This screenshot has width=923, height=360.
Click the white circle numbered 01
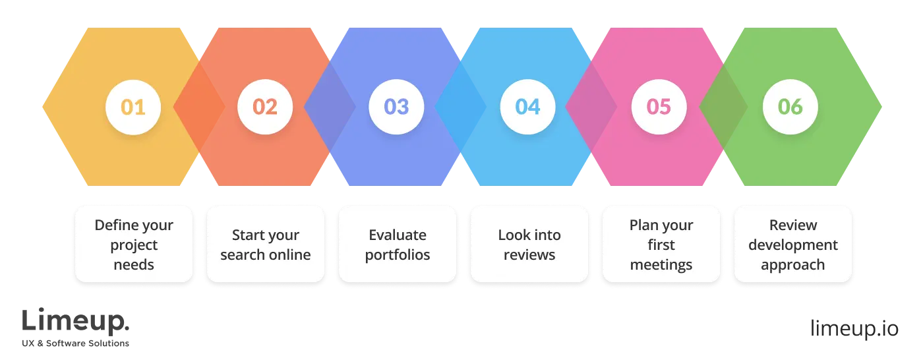tap(133, 107)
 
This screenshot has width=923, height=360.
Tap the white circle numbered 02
tap(265, 107)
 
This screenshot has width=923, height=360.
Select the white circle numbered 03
tap(397, 107)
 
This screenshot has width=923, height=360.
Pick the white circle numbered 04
tap(528, 107)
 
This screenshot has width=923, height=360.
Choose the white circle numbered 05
tap(659, 107)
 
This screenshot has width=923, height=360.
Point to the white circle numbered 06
tap(790, 107)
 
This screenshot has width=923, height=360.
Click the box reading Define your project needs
tap(134, 245)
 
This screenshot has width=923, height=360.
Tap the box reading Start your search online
tap(266, 245)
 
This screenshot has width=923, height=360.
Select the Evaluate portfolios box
tap(398, 245)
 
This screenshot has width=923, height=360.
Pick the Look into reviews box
tap(529, 245)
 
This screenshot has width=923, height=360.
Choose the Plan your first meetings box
tap(661, 245)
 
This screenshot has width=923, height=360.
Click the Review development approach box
tap(793, 245)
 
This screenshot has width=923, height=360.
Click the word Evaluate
tap(398, 235)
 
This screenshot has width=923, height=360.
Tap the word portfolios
tap(398, 255)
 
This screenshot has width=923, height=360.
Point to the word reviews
tap(529, 255)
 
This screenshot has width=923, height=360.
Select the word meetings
tap(661, 265)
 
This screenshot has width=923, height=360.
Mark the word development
tap(793, 245)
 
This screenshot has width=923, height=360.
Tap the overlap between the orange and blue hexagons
tap(329, 107)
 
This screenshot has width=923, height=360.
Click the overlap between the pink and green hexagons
tap(723, 107)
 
